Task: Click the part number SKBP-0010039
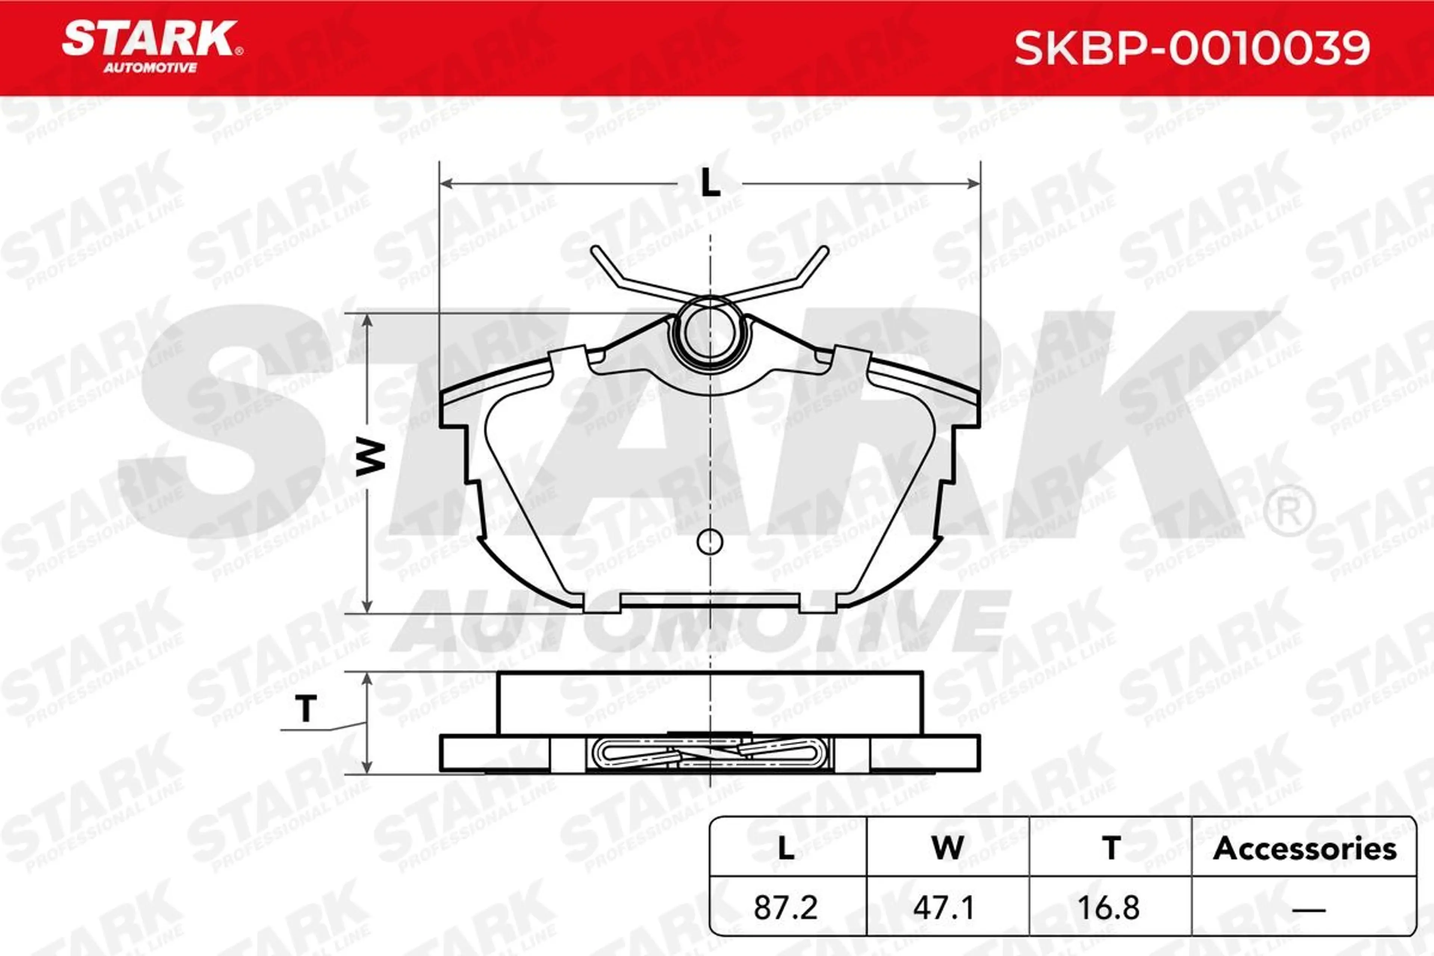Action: click(1192, 49)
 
